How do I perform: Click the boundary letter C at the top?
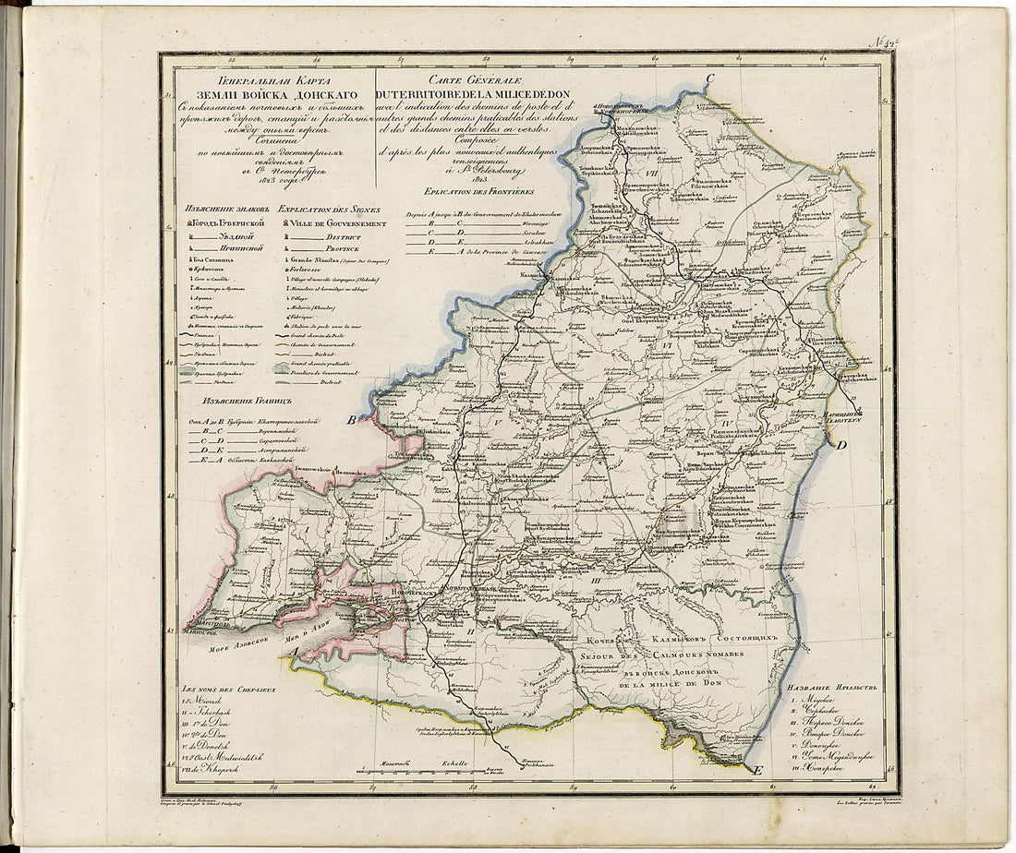[x=710, y=79]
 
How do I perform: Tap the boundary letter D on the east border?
[x=841, y=446]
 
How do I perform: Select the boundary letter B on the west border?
[x=351, y=422]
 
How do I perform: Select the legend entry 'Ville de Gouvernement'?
[x=337, y=223]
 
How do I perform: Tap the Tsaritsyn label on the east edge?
[x=830, y=418]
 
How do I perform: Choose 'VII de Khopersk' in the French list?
[x=214, y=767]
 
